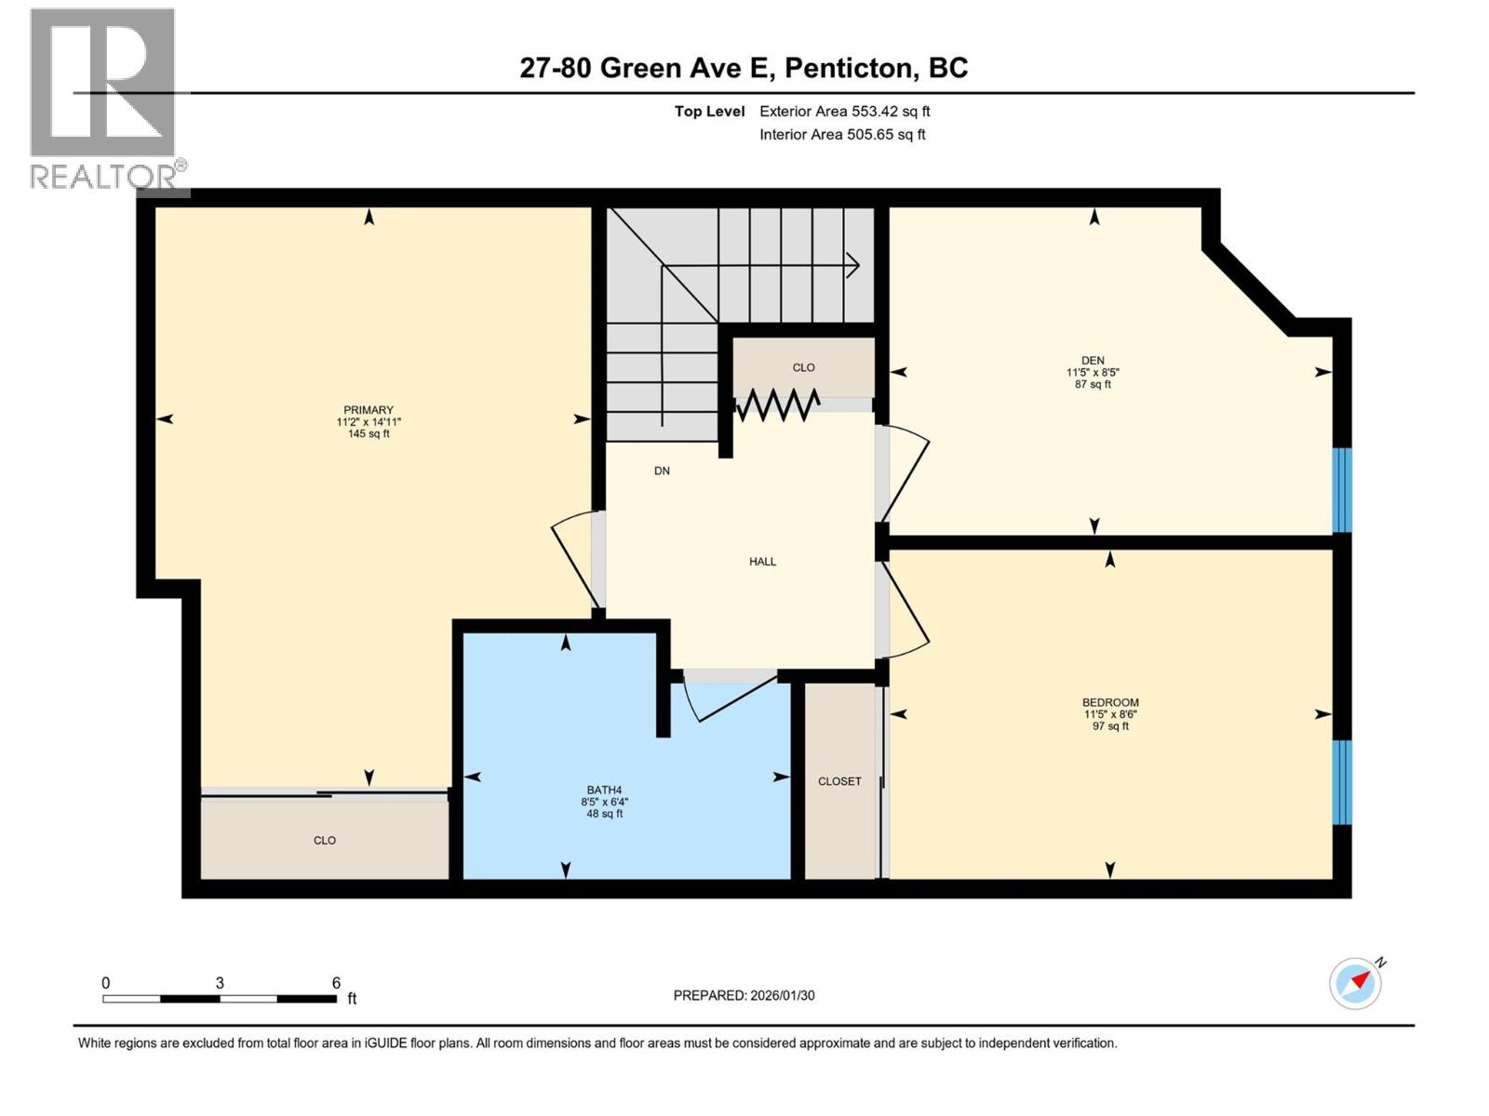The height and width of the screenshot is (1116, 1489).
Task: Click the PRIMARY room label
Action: click(x=369, y=410)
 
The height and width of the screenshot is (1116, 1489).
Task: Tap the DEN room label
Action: click(x=1093, y=361)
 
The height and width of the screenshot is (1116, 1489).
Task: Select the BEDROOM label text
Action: click(x=1110, y=703)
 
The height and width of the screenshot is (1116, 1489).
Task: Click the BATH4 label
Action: click(x=604, y=790)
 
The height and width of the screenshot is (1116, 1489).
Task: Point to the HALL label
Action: click(x=762, y=562)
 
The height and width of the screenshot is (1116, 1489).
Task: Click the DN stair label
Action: click(x=662, y=471)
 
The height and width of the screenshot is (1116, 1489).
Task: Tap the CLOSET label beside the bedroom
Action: click(x=839, y=781)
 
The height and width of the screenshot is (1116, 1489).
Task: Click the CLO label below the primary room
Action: click(x=324, y=841)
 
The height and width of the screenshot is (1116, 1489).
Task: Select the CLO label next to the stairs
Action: click(x=803, y=367)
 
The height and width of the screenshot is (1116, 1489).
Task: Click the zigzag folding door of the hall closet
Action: click(x=778, y=405)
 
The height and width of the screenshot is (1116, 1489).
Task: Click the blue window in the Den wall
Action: click(x=1341, y=490)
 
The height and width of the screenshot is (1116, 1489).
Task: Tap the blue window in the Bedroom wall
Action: click(x=1341, y=782)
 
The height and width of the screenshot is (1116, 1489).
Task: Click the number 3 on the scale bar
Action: click(x=220, y=983)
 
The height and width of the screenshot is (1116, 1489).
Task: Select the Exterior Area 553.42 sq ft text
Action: click(x=844, y=112)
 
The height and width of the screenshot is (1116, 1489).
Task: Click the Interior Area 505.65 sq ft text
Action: click(x=842, y=135)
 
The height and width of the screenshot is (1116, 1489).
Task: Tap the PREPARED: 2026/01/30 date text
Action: click(x=744, y=995)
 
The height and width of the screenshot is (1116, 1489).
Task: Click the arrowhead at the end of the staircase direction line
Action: click(x=853, y=266)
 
